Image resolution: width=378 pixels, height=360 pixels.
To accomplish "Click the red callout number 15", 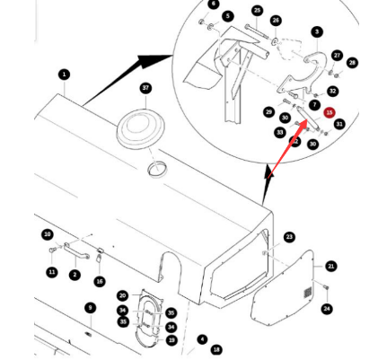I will tap(330, 113).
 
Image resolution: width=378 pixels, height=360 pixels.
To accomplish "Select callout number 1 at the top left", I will tap(64, 75).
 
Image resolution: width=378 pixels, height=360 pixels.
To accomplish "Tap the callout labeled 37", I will tap(146, 88).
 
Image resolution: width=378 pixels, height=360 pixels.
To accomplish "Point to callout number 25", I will tap(258, 11).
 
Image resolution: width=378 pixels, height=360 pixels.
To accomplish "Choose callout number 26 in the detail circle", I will tap(276, 21).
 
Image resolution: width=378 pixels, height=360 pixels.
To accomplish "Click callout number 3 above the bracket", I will tap(317, 32).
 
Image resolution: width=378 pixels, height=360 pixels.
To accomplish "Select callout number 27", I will tap(337, 55).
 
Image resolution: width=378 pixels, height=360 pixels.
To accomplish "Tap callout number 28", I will tap(352, 63).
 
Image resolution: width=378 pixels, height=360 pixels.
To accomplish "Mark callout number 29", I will tap(268, 111).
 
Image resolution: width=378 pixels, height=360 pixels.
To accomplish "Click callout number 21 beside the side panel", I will tap(331, 266).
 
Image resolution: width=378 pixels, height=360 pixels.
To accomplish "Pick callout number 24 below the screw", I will tap(327, 309).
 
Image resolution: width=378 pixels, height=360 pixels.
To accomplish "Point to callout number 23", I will tap(289, 237).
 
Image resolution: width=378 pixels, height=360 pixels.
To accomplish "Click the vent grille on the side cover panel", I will tap(307, 294).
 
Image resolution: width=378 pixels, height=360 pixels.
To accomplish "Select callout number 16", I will tap(100, 281).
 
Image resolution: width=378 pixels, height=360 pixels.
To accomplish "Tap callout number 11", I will tap(51, 272).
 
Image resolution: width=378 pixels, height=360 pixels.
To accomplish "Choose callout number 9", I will tap(90, 308).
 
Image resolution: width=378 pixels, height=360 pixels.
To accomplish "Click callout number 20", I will tap(123, 295).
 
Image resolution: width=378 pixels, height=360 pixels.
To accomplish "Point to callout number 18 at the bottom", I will tap(215, 349).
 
